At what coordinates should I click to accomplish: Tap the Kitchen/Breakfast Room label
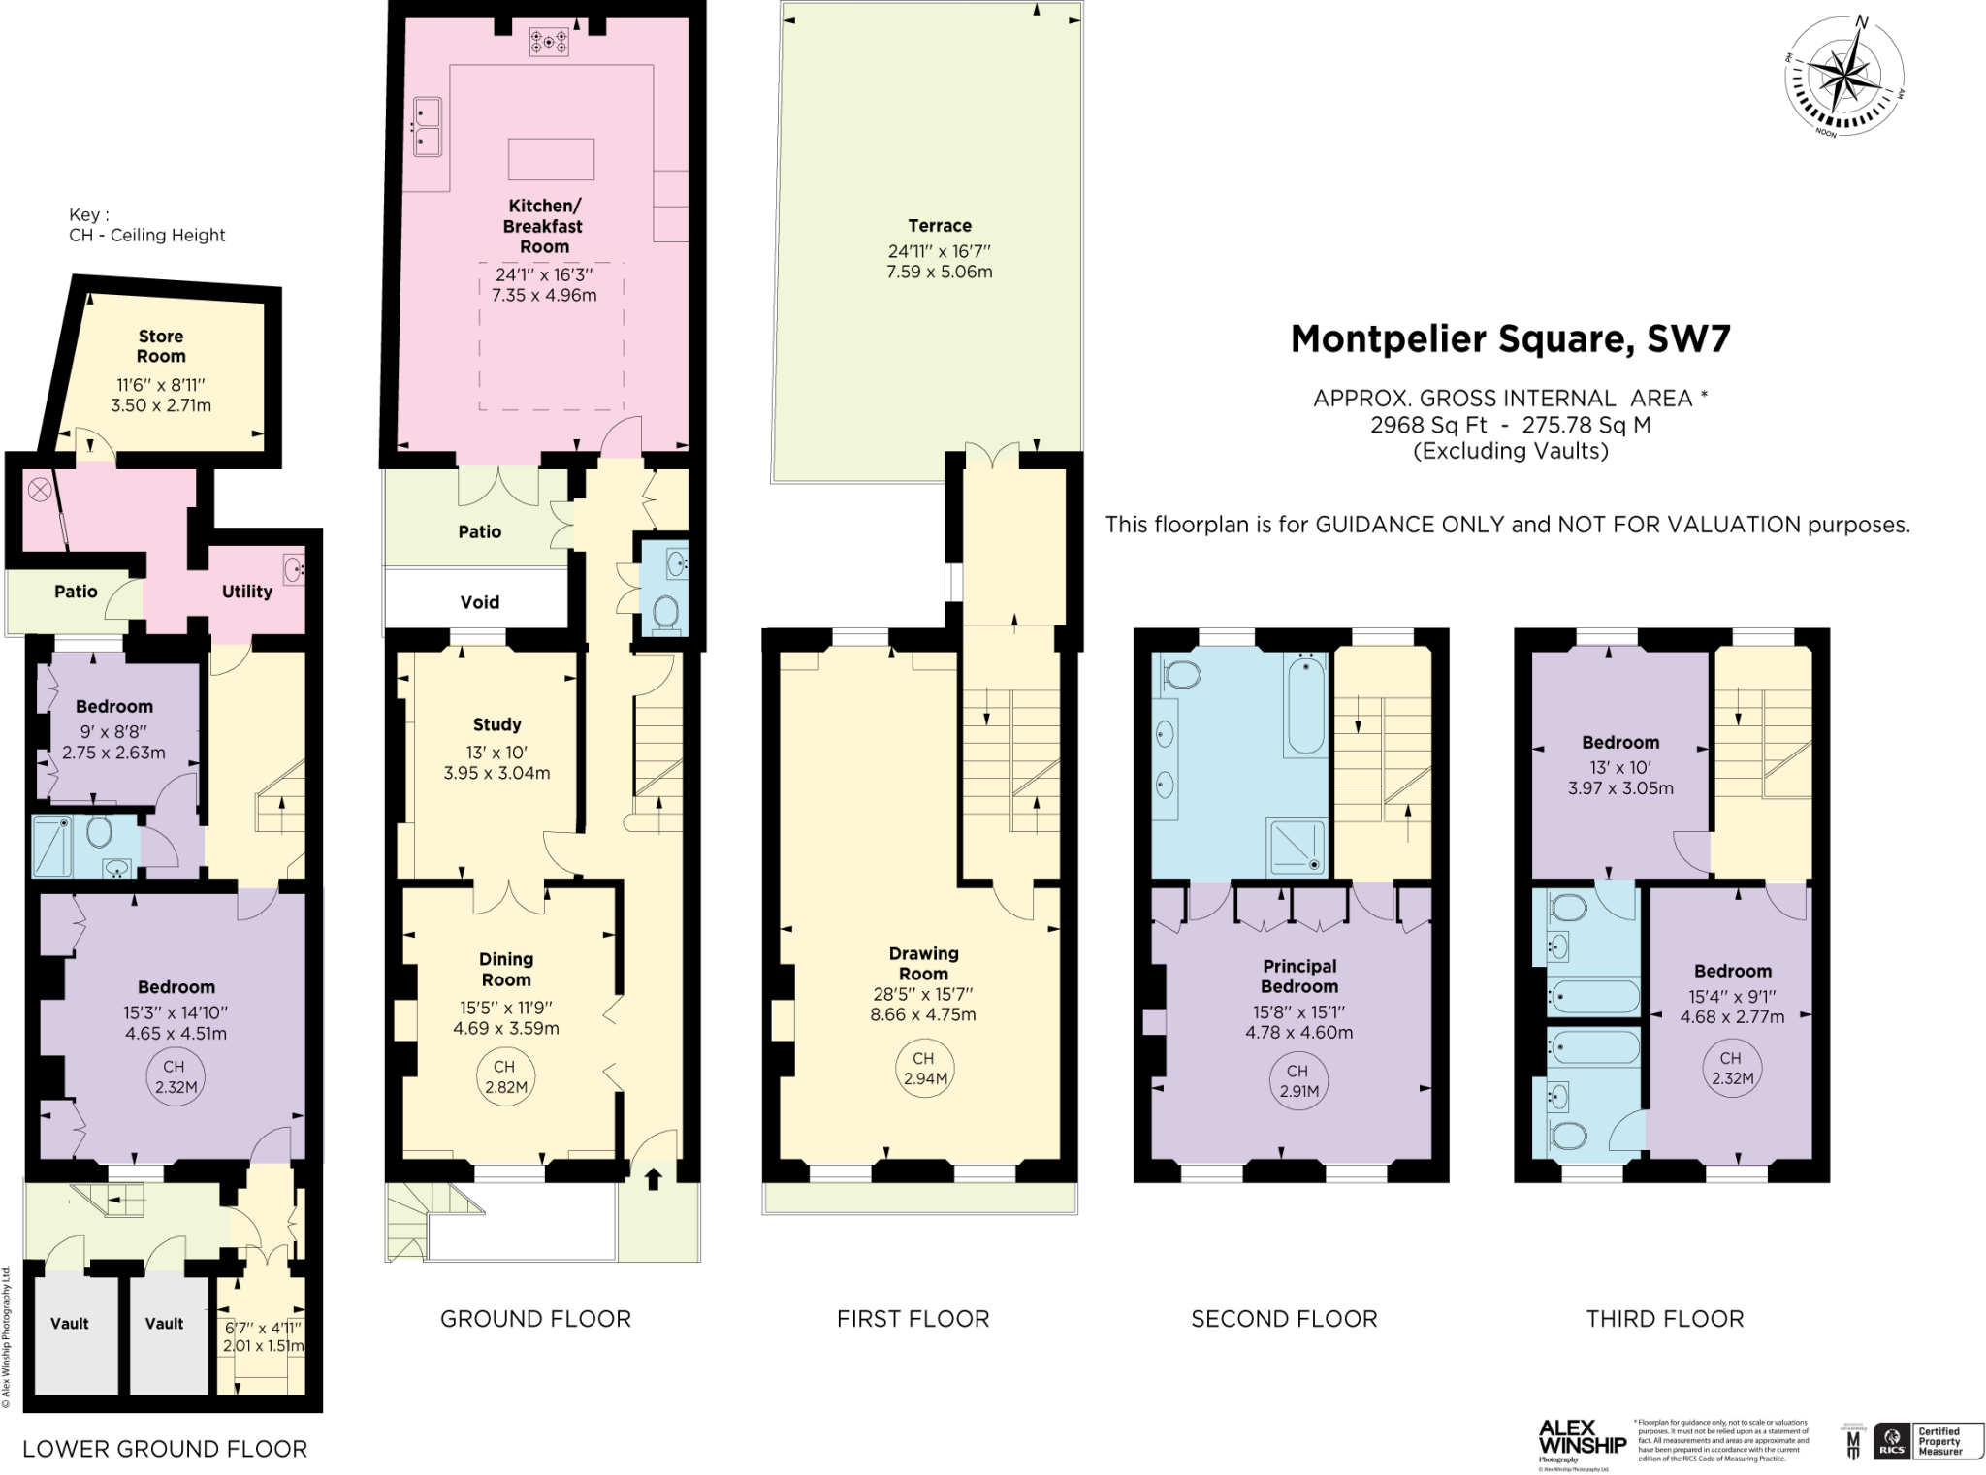[x=543, y=226]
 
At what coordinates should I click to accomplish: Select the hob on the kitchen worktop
[x=549, y=42]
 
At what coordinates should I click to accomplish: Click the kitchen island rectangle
[x=551, y=159]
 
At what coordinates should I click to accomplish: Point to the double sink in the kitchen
[x=427, y=127]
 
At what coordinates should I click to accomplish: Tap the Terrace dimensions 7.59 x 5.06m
[x=939, y=272]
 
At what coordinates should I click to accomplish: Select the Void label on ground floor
[x=479, y=602]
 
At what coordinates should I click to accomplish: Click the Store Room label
[x=160, y=346]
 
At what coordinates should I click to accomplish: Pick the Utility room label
[x=246, y=592]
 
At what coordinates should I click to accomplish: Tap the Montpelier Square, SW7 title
[x=1510, y=338]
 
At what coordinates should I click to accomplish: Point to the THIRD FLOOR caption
[x=1664, y=1319]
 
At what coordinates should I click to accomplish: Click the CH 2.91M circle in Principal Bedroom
[x=1297, y=1080]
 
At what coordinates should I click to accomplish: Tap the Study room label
[x=496, y=724]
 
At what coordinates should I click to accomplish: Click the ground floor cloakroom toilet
[x=665, y=612]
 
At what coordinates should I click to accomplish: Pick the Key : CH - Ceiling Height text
[x=145, y=225]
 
